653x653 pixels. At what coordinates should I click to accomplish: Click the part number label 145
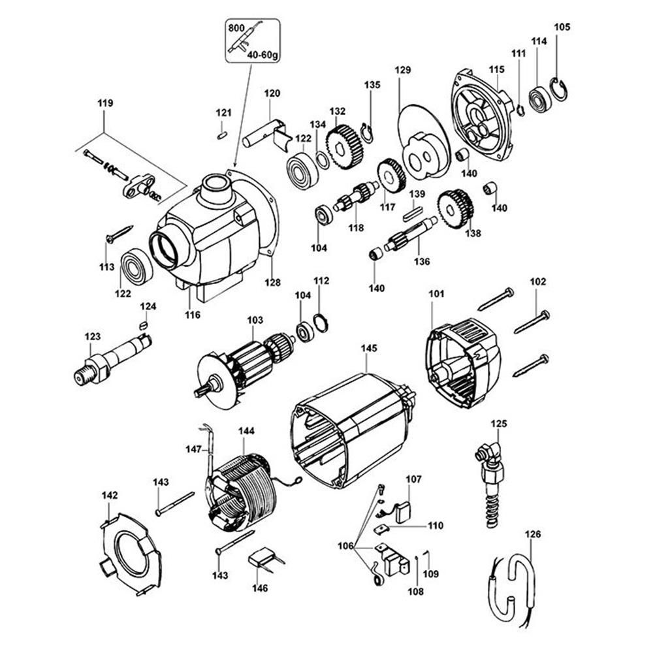(x=369, y=349)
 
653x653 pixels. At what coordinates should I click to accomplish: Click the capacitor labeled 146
(x=262, y=560)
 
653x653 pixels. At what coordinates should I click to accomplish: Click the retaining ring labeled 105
(x=558, y=89)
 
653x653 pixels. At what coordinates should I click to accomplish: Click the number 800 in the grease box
(x=236, y=28)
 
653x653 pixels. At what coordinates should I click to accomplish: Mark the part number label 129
(x=403, y=70)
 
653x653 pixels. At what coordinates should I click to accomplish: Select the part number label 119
(x=105, y=103)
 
